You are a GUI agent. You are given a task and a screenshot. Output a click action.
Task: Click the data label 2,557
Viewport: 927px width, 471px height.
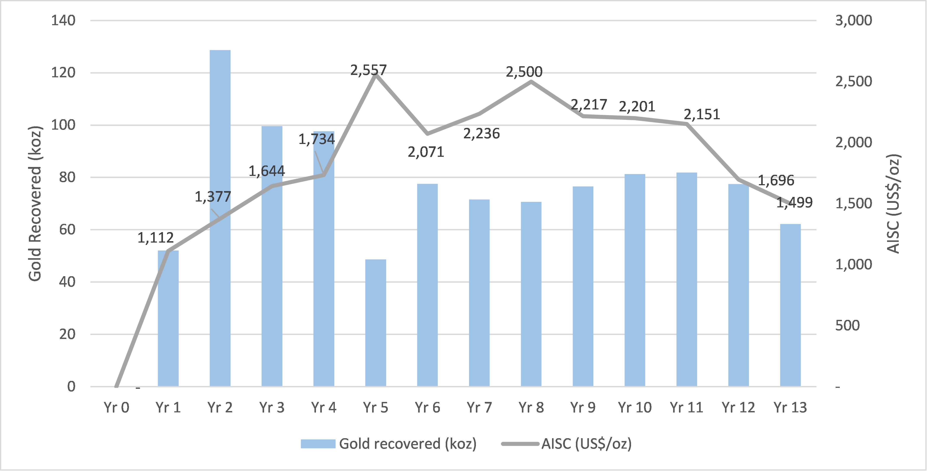(x=368, y=70)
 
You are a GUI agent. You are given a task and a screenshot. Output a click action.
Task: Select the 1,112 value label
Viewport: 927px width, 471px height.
(x=155, y=238)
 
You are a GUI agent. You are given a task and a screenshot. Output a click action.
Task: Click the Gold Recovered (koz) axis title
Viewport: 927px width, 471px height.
(x=35, y=203)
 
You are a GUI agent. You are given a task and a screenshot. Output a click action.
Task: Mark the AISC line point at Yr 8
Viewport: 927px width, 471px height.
(x=531, y=81)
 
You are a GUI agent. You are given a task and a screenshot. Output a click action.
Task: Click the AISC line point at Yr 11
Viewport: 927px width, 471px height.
(x=687, y=124)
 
